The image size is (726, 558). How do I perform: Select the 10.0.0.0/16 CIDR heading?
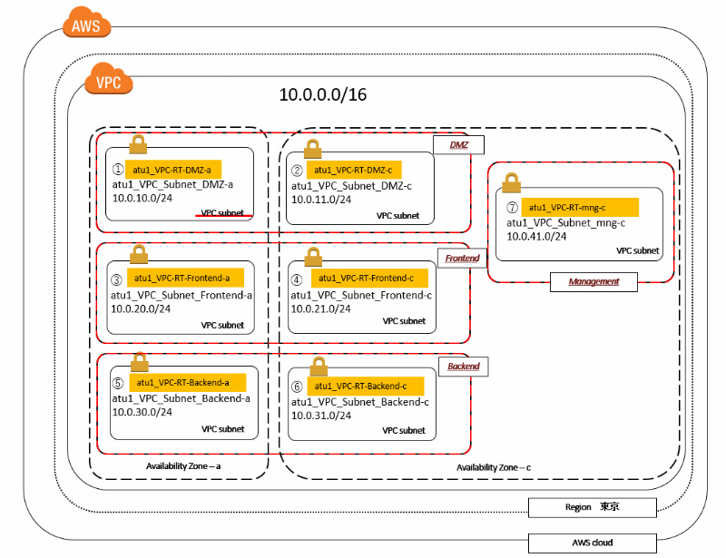click(x=322, y=94)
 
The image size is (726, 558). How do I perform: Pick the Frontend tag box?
click(x=462, y=259)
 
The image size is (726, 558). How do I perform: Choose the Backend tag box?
click(x=463, y=367)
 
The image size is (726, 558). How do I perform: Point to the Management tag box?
click(x=594, y=282)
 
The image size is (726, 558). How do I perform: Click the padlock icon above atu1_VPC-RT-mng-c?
click(x=510, y=182)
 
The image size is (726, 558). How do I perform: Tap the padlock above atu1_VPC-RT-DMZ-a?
click(x=139, y=143)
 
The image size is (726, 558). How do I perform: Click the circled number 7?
click(x=513, y=208)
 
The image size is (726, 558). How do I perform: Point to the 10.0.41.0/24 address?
click(x=536, y=236)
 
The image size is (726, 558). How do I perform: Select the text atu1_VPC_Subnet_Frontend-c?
click(x=361, y=295)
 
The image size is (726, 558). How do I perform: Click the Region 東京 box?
click(x=592, y=507)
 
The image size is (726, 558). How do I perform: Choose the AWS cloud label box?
click(x=592, y=543)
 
